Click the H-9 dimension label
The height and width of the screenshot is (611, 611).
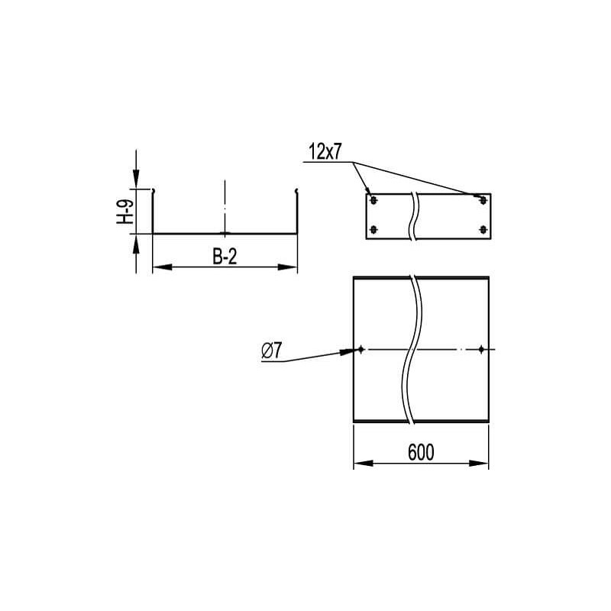point(124,212)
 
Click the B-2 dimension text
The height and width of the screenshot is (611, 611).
point(225,257)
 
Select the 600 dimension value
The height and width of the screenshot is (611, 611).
point(421,452)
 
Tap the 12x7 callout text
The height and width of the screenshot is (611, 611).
point(325,151)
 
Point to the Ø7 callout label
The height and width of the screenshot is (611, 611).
point(271,351)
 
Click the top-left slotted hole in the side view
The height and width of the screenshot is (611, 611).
point(373,201)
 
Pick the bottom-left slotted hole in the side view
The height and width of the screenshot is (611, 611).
point(373,230)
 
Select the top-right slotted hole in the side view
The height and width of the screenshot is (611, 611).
point(483,201)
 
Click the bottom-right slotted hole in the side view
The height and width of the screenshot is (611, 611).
point(483,230)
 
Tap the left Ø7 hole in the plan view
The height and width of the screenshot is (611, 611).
point(361,349)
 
